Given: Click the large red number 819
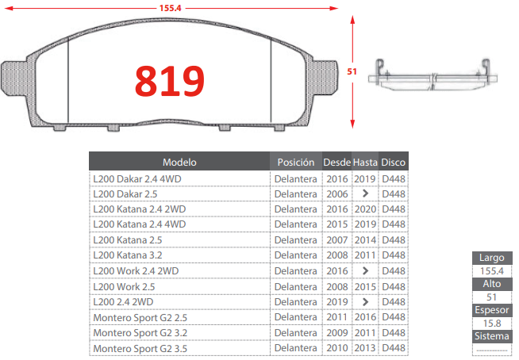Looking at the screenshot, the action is click(x=170, y=81).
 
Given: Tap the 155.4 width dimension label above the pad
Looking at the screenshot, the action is click(x=170, y=8).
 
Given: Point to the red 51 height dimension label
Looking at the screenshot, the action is click(x=352, y=71).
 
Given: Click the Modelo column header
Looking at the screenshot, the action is click(x=179, y=162).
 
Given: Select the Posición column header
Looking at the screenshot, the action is click(x=296, y=162).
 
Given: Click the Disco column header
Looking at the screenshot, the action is click(x=394, y=162).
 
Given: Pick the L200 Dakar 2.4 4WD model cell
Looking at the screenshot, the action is click(x=137, y=179).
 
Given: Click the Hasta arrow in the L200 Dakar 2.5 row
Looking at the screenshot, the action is click(x=365, y=193).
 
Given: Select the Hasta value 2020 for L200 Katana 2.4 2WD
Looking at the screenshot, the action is click(x=365, y=209).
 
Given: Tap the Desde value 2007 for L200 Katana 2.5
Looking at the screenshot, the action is click(x=337, y=240).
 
